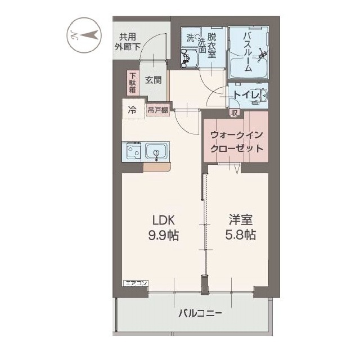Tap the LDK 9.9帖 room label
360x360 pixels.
pyautogui.click(x=163, y=227)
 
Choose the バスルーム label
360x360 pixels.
pyautogui.click(x=247, y=51)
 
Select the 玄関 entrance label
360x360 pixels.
pyautogui.click(x=153, y=80)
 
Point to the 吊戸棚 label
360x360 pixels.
pyautogui.click(x=158, y=110)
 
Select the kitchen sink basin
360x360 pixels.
pyautogui.click(x=155, y=151)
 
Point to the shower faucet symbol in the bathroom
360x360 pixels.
pyautogui.click(x=262, y=55)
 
